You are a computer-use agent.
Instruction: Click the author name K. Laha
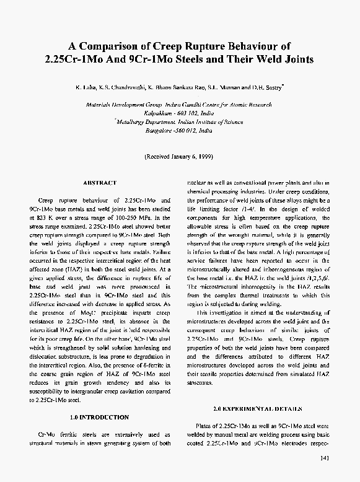pyautogui.click(x=86, y=88)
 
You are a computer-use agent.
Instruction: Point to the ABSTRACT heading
pyautogui.click(x=99, y=183)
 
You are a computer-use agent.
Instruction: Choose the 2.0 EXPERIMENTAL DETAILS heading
pyautogui.click(x=257, y=409)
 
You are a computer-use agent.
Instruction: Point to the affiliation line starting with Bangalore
pyautogui.click(x=179, y=131)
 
